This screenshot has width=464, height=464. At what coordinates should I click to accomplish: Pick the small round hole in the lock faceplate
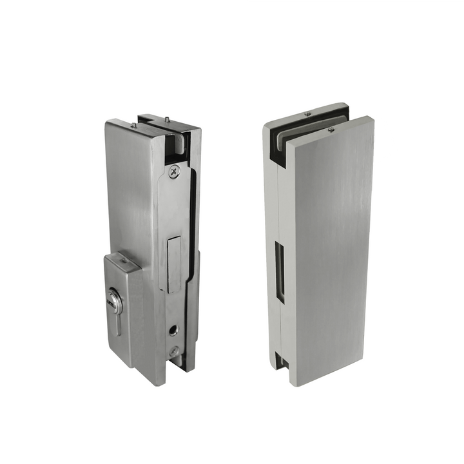click(173, 330)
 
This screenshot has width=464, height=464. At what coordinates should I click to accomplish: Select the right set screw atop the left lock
click(167, 118)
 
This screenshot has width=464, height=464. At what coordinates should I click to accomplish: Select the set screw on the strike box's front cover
click(331, 130)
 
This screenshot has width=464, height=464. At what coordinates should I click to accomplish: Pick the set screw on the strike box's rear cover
click(307, 113)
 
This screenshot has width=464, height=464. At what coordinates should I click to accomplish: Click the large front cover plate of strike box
click(329, 258)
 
